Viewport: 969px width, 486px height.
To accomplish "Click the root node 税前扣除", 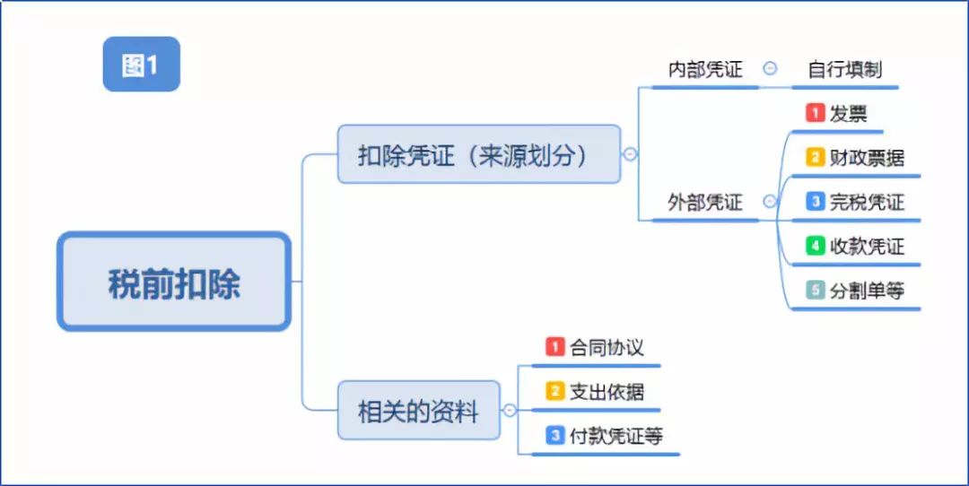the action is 174,282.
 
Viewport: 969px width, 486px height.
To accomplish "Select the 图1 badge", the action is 141,65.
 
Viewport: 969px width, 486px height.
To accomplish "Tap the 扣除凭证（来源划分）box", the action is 479,154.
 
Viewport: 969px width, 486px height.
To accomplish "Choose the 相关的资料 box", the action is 418,410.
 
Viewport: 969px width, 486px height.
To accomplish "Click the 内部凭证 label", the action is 705,69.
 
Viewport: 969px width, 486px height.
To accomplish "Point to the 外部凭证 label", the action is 705,202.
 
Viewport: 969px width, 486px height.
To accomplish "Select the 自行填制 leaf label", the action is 845,69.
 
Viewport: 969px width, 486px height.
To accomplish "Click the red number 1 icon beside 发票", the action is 815,113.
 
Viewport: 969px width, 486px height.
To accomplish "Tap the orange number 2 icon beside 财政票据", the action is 815,158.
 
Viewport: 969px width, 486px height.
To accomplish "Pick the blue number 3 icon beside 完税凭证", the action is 815,202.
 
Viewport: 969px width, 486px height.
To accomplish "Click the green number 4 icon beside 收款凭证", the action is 815,247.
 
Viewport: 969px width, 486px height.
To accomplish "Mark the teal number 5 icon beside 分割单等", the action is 815,291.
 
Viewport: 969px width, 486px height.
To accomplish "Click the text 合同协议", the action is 607,347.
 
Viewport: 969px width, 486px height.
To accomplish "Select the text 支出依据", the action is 607,392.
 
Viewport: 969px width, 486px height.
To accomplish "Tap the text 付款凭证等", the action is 615,436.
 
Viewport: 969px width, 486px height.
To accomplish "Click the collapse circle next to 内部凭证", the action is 770,69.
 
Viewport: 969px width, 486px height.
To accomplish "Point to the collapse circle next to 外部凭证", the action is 770,202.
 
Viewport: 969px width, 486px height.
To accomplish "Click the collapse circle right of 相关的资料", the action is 510,410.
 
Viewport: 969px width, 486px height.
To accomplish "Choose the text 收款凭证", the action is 867,247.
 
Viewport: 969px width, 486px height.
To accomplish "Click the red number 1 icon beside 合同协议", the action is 555,347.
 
